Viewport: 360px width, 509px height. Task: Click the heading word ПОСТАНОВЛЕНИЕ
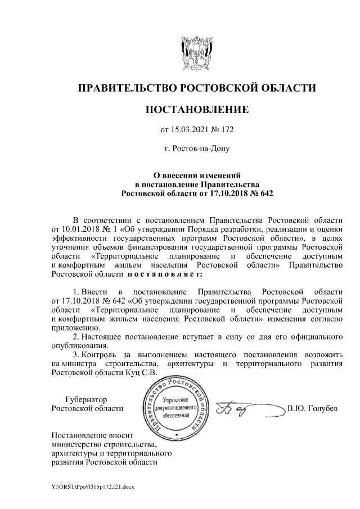(196, 109)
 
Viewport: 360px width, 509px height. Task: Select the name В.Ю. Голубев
(312, 408)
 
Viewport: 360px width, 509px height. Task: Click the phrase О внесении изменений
(196, 175)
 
